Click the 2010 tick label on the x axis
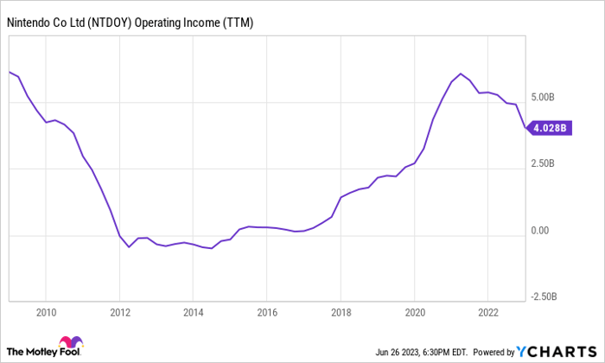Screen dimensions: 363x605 pos(46,313)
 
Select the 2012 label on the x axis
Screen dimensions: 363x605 pos(119,313)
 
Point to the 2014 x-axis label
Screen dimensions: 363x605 pos(194,313)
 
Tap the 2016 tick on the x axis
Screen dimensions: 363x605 pos(267,313)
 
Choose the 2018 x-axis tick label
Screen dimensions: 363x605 pos(341,313)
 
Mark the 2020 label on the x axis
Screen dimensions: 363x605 pos(415,313)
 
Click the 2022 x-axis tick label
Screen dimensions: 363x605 pos(488,313)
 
